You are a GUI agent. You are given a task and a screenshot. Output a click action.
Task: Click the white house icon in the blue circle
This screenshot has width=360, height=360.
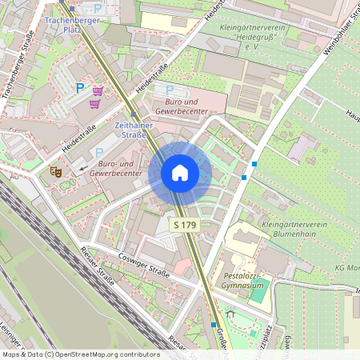180,173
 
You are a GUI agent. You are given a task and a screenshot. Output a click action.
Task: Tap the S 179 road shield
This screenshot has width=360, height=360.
185,226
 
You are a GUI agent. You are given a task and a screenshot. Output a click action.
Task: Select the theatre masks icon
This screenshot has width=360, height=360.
56,170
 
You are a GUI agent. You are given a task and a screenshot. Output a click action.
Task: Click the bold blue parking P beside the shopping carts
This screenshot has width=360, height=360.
79,89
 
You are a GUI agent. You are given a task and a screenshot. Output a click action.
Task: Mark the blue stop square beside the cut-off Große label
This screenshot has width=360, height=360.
214,325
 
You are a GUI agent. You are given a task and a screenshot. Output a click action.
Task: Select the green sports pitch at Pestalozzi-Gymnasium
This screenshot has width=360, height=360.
258,293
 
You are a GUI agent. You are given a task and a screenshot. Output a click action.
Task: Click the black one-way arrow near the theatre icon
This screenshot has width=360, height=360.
83,169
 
